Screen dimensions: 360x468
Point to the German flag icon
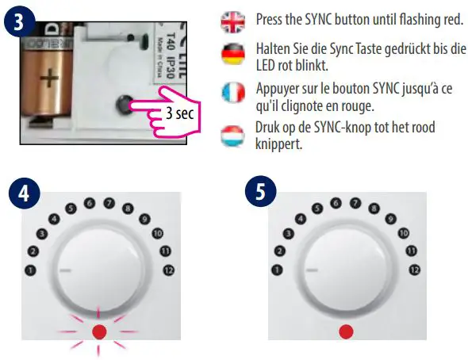233,54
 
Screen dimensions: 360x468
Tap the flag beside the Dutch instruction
233,133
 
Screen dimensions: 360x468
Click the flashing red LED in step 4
99,330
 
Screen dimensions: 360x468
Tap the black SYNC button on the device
125,103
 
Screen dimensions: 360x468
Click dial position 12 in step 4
167,270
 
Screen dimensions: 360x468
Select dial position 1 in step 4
31,270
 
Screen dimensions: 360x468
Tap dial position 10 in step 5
404,233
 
